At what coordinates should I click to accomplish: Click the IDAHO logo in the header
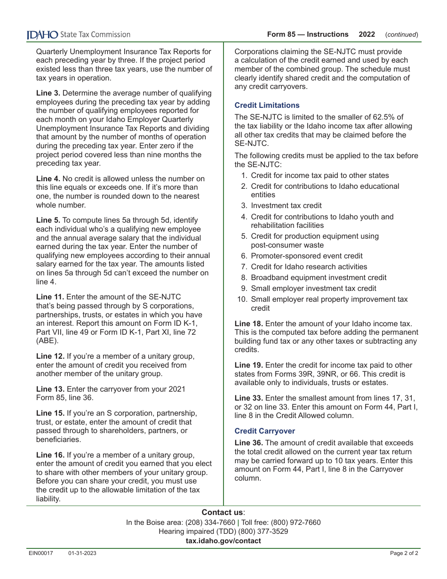tap(42, 34)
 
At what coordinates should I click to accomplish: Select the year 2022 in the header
tap(367, 34)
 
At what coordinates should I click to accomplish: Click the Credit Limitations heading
tap(267, 105)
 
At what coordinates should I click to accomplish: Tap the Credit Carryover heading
tap(264, 431)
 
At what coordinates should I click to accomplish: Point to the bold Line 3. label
tap(48, 93)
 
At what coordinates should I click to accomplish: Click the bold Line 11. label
tap(50, 297)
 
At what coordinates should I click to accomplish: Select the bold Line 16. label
tap(50, 455)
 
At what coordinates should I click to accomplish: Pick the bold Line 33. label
tap(248, 398)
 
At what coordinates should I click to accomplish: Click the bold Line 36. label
tap(248, 442)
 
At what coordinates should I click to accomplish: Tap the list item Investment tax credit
tap(286, 205)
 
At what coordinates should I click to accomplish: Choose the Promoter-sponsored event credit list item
tap(306, 256)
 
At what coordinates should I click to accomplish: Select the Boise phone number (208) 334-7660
tap(210, 523)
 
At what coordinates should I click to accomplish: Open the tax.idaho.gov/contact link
tap(223, 541)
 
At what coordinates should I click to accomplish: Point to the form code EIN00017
tap(40, 554)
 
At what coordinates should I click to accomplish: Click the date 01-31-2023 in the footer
tap(82, 554)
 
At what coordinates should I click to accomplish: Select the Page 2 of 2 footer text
tap(404, 554)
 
